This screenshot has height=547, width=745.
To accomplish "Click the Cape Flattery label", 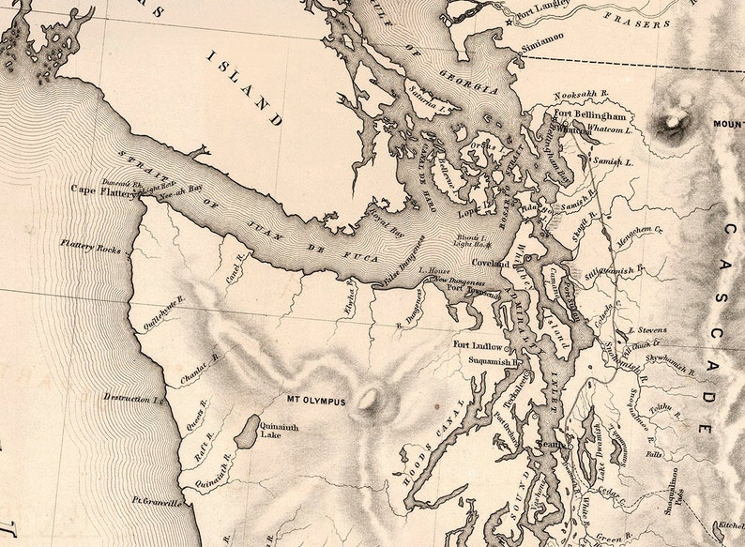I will point(102,189).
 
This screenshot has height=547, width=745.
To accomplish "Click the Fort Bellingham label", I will point(589,114).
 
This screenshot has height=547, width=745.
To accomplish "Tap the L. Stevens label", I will point(647,330).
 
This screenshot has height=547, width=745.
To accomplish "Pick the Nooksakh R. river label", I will point(578,97).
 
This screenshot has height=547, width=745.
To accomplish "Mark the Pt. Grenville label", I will point(157,502).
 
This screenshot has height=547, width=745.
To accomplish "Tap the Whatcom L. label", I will point(612,129).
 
